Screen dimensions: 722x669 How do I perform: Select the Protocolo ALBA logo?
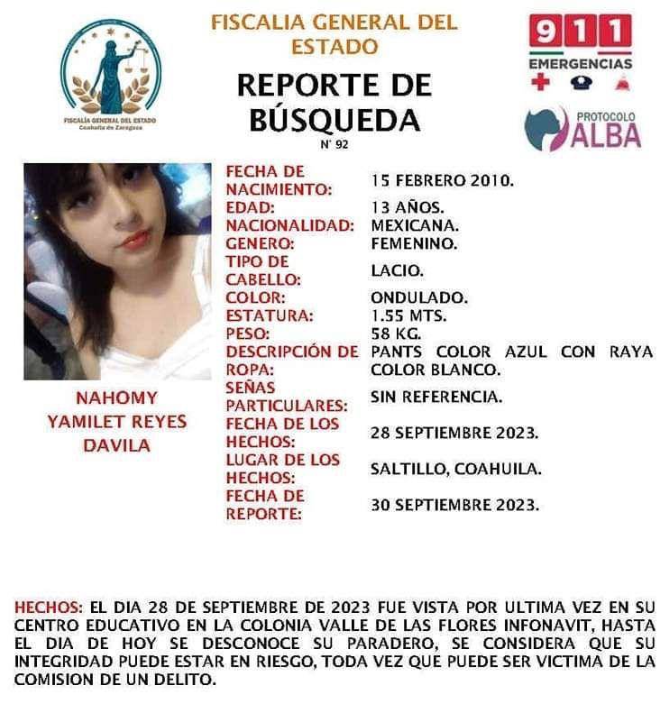tap(583, 128)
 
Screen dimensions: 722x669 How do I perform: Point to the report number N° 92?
tap(333, 144)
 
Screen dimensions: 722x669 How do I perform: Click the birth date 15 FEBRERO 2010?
tap(442, 180)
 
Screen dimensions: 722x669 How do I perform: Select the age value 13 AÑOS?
tap(406, 206)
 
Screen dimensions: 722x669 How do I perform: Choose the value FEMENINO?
tap(414, 242)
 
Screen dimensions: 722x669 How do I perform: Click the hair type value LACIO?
tap(397, 270)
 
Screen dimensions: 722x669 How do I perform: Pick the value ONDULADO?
tap(418, 297)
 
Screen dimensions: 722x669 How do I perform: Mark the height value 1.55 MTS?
tap(408, 315)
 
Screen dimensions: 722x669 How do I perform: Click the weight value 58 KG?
tap(395, 334)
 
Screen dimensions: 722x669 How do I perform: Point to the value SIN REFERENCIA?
tap(436, 396)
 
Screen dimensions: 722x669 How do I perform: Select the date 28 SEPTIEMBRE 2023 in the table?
tap(454, 433)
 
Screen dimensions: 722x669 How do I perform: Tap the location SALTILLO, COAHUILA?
tap(455, 469)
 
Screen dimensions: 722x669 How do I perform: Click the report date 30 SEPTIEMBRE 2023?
tap(454, 505)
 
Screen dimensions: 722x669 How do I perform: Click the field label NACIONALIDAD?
tap(289, 225)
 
